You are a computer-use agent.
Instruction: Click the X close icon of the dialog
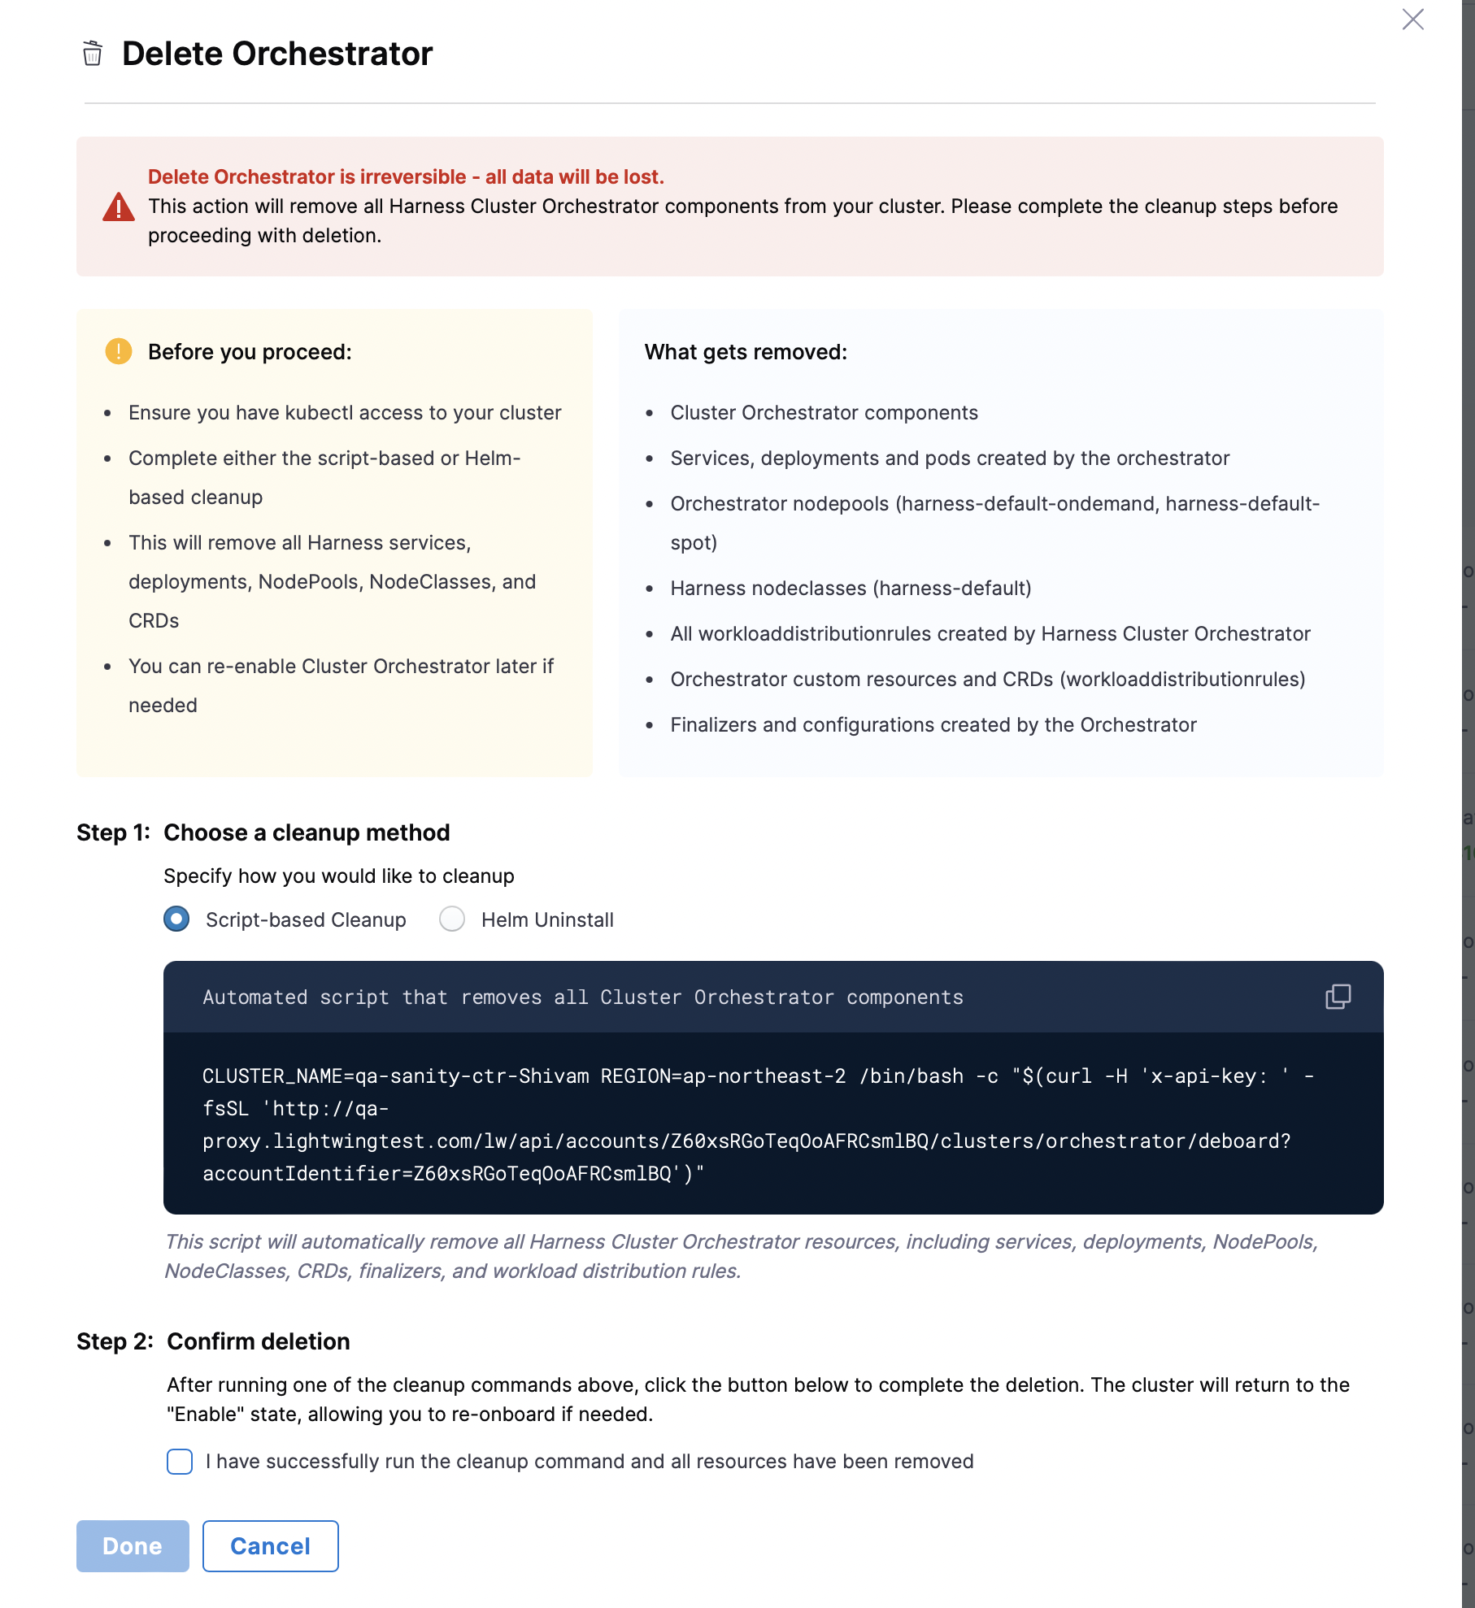[x=1412, y=20]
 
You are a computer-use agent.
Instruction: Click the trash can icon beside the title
[x=93, y=54]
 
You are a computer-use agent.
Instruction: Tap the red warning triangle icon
[x=119, y=207]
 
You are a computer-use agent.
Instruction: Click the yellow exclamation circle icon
[x=119, y=351]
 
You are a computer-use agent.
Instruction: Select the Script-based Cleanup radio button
[x=176, y=919]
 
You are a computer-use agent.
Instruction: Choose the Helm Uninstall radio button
[x=452, y=919]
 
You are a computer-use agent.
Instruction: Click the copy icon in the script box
[x=1338, y=997]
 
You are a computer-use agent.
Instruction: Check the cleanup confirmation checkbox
[x=180, y=1462]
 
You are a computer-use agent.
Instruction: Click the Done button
[x=133, y=1546]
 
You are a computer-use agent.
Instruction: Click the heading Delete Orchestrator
[x=277, y=54]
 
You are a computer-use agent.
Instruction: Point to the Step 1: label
[x=113, y=832]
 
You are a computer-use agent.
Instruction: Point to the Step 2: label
[x=115, y=1341]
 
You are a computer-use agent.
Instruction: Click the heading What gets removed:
[x=746, y=352]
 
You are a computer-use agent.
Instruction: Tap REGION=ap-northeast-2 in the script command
[x=723, y=1076]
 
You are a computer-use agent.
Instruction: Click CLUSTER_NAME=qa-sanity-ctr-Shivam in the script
[x=395, y=1076]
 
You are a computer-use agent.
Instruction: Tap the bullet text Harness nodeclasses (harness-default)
[x=851, y=589]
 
